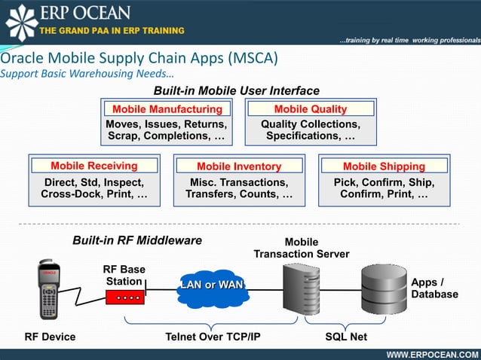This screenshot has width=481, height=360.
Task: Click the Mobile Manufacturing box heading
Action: (x=167, y=109)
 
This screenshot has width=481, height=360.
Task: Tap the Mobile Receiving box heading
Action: (x=94, y=166)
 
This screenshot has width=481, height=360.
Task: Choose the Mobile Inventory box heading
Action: (x=239, y=166)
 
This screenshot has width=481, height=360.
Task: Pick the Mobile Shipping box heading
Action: (x=384, y=166)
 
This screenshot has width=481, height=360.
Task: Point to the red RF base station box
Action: (x=124, y=296)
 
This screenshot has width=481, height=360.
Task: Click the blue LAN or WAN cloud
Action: (x=207, y=286)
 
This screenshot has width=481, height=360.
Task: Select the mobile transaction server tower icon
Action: (x=301, y=292)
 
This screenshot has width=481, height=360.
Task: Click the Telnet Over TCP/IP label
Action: (x=213, y=337)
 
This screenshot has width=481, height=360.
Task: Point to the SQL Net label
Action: (x=345, y=337)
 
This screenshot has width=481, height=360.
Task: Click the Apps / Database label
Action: (x=434, y=288)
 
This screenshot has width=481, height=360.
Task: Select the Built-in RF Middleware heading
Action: (x=137, y=240)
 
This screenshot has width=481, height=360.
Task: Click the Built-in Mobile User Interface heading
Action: (x=237, y=91)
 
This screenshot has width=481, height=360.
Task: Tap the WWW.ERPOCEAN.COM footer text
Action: (x=432, y=354)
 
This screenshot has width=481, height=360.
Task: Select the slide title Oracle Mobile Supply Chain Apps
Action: (x=139, y=59)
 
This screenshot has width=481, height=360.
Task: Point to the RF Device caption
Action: (x=50, y=337)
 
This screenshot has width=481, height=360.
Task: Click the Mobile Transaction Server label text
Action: (x=301, y=248)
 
